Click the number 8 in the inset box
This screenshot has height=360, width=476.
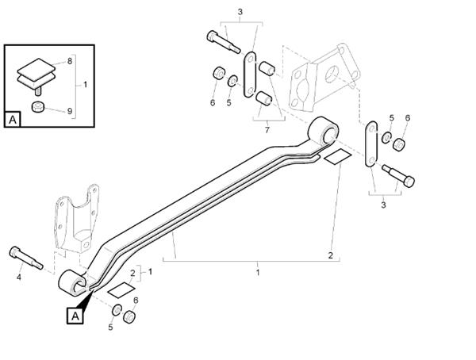(69, 60)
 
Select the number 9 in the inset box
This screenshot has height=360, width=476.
(69, 111)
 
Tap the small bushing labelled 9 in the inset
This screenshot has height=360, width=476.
(36, 106)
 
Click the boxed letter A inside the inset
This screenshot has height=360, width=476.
(13, 120)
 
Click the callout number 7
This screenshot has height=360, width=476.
(267, 129)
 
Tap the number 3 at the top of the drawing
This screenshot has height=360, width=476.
(240, 11)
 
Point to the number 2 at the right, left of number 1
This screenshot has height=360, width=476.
(331, 255)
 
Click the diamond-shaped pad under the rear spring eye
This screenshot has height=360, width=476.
(336, 155)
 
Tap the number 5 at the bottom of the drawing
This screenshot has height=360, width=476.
(110, 327)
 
